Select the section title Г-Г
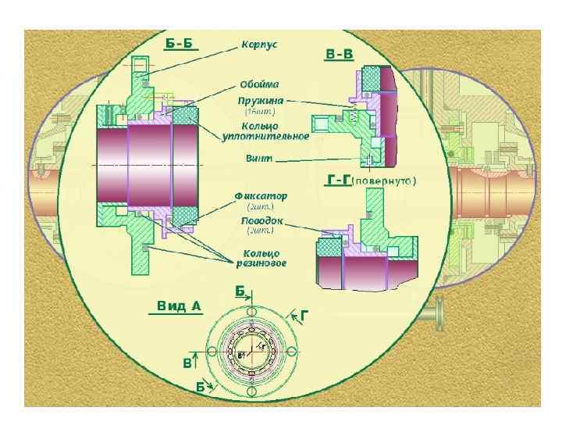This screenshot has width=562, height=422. [x=337, y=181]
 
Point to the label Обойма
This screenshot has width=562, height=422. [x=260, y=84]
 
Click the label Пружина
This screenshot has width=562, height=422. [x=261, y=101]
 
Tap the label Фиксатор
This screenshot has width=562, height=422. [x=261, y=195]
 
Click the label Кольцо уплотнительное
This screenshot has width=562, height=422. [x=266, y=131]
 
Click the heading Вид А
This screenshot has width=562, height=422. [x=176, y=306]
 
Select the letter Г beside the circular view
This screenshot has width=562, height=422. [x=305, y=315]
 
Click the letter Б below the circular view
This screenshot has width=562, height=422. [x=201, y=387]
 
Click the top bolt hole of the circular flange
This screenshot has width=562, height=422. [x=252, y=313]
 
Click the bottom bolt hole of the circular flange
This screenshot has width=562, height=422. [x=252, y=392]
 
